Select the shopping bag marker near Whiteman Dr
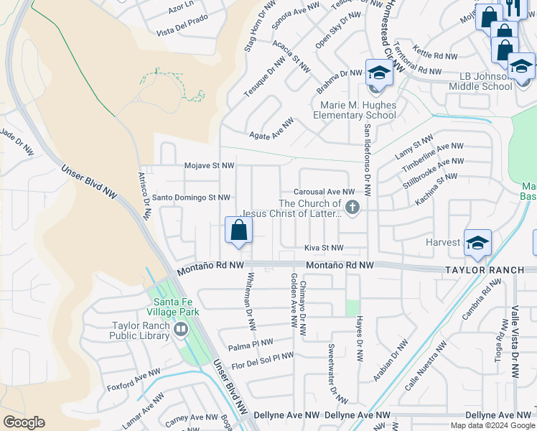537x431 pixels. tap(238, 231)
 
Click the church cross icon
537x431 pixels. tap(352, 208)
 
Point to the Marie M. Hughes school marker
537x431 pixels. tap(378, 74)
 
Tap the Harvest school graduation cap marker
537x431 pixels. tap(477, 243)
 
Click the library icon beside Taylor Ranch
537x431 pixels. tap(179, 330)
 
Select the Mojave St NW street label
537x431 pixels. tap(209, 166)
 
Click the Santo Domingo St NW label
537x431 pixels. tap(191, 198)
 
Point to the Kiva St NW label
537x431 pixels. tap(324, 248)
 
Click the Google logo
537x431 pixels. tap(24, 422)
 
